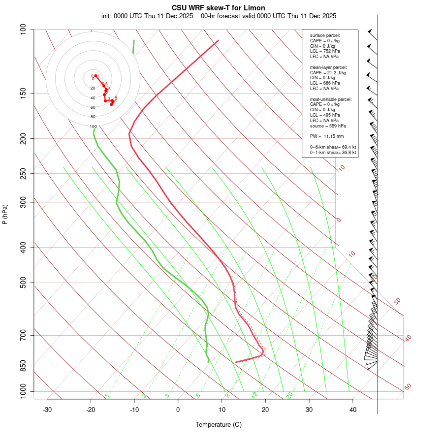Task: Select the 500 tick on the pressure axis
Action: tap(23, 283)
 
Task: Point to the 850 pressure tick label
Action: tap(23, 366)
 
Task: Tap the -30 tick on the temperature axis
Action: tap(47, 410)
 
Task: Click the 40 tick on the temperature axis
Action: tap(353, 410)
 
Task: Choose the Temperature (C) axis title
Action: tap(219, 424)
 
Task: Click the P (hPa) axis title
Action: tap(5, 214)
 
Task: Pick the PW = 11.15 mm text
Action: tap(327, 136)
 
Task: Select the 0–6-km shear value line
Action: tap(333, 147)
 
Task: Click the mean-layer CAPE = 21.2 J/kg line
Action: tap(328, 72)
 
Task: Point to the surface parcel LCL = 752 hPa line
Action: tap(325, 51)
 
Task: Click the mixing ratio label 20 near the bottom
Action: tap(290, 395)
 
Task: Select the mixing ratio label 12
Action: tap(254, 395)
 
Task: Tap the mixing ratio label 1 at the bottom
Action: tap(107, 396)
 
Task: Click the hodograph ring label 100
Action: tap(93, 127)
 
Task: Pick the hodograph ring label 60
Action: tap(93, 107)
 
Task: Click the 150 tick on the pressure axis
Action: tap(23, 93)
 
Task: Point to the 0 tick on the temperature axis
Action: tap(178, 410)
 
